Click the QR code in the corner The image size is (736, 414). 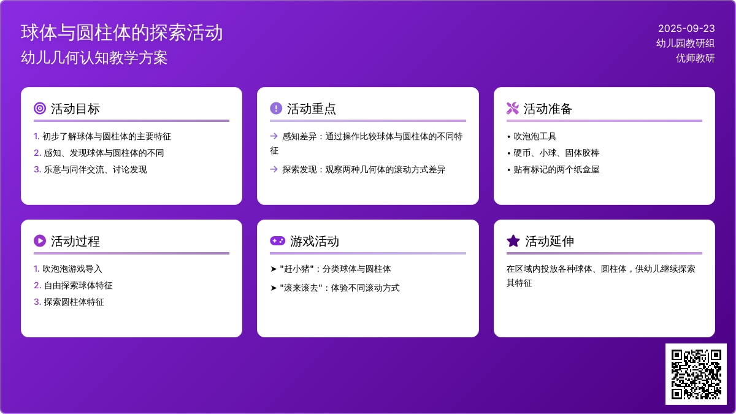coord(696,374)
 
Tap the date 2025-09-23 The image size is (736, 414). coord(686,29)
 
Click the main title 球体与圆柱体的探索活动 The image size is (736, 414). coord(121,33)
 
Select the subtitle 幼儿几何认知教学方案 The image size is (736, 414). coord(94,58)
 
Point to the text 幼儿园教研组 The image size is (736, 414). coord(686,44)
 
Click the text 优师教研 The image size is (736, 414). coord(696,58)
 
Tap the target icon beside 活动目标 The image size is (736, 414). coord(40,109)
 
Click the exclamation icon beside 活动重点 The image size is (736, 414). coord(276,109)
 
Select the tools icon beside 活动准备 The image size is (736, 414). coord(513,109)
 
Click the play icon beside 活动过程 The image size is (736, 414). coord(40,241)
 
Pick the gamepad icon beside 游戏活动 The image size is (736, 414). coord(278,241)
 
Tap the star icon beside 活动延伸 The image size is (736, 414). coord(513,241)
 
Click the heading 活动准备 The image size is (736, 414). coord(548,109)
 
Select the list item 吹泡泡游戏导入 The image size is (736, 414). coord(72,269)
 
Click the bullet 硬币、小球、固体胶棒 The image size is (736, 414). coord(556,153)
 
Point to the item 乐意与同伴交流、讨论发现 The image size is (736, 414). coord(95,169)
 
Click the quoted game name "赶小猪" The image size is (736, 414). coord(297,269)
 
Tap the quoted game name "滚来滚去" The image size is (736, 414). coord(301,288)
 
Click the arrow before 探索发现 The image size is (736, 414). coord(274,169)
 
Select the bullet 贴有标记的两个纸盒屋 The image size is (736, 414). coord(556,169)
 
